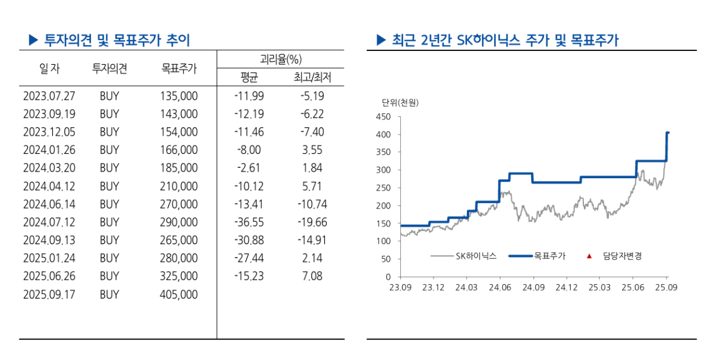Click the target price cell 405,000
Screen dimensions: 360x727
179,295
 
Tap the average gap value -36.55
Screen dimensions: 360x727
249,222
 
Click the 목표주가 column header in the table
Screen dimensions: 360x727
179,68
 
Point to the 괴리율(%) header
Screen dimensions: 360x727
280,59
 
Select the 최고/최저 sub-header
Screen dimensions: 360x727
312,78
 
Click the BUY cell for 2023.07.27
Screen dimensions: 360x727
109,96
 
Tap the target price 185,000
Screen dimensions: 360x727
179,168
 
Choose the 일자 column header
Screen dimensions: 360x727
49,68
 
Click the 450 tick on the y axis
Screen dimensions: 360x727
384,116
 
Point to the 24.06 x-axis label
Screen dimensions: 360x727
499,287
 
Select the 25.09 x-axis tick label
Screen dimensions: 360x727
666,287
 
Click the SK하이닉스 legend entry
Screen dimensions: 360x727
475,256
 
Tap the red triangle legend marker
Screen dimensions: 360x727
589,256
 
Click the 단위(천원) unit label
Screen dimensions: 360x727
400,102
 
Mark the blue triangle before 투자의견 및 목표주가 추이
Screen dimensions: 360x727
33,41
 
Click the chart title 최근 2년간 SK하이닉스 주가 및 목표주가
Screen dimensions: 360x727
504,41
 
